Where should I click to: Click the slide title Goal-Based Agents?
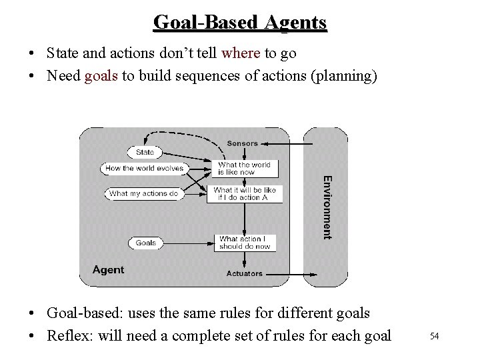point(240,22)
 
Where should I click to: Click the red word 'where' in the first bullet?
point(241,53)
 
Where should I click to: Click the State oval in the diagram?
point(145,153)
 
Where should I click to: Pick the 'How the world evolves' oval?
point(144,169)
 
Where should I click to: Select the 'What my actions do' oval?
point(144,193)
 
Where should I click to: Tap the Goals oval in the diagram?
point(145,243)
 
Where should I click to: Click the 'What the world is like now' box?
point(245,168)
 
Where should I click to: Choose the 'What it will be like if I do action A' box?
point(245,193)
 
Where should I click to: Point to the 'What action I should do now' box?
point(245,243)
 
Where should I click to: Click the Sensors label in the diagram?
point(242,143)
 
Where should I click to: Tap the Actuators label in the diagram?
point(245,273)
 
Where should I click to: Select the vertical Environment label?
point(326,207)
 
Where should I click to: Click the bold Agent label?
point(108,269)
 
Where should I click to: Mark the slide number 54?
point(434,336)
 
